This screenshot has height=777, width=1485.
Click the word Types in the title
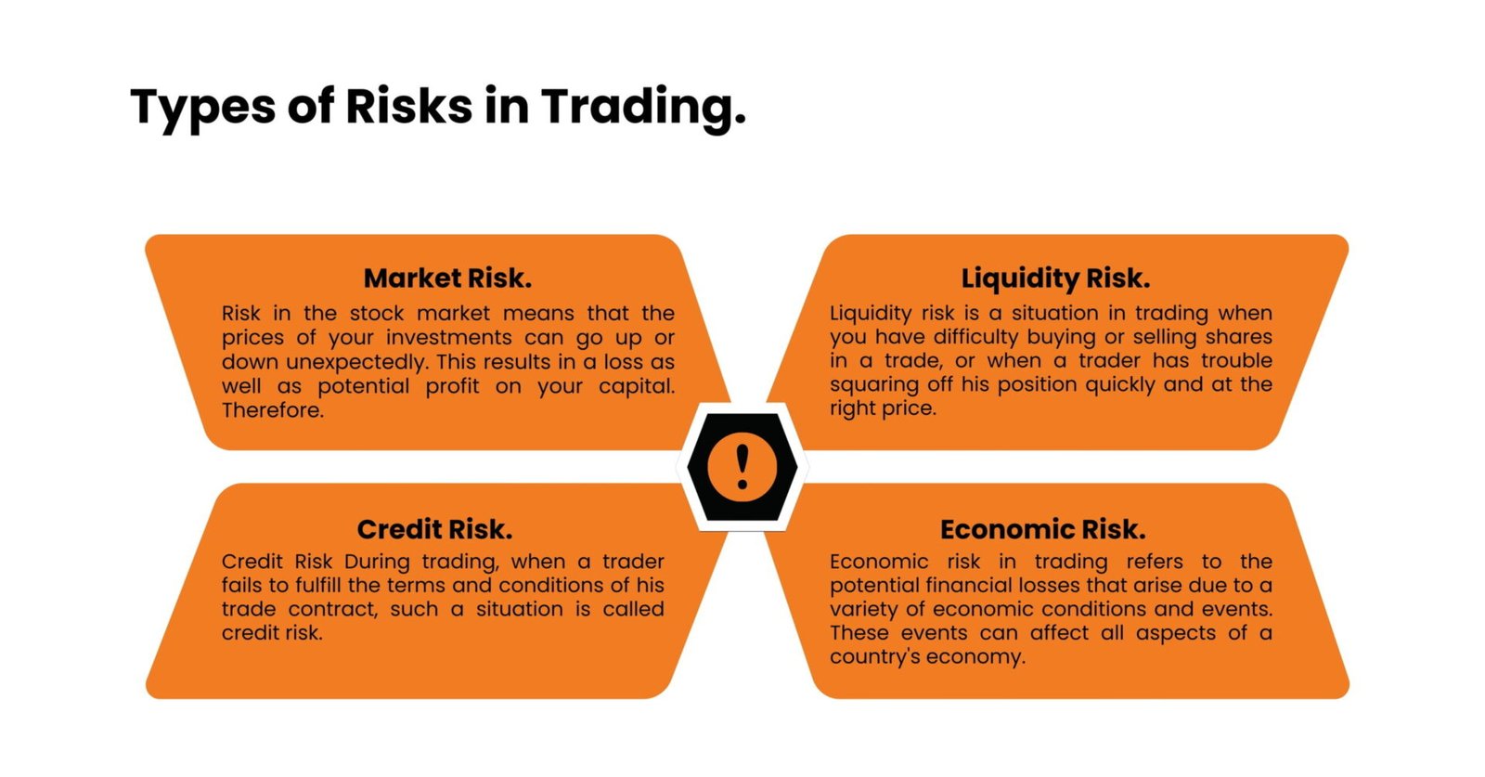202,107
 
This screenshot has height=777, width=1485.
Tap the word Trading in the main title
642,107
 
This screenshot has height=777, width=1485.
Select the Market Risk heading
447,278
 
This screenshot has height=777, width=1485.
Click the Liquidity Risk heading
1055,278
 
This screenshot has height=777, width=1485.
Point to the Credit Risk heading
434,529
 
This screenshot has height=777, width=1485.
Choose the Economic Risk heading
1042,529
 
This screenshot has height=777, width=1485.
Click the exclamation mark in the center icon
742,466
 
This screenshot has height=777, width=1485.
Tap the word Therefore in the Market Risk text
272,410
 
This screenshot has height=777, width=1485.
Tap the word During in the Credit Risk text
376,562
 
